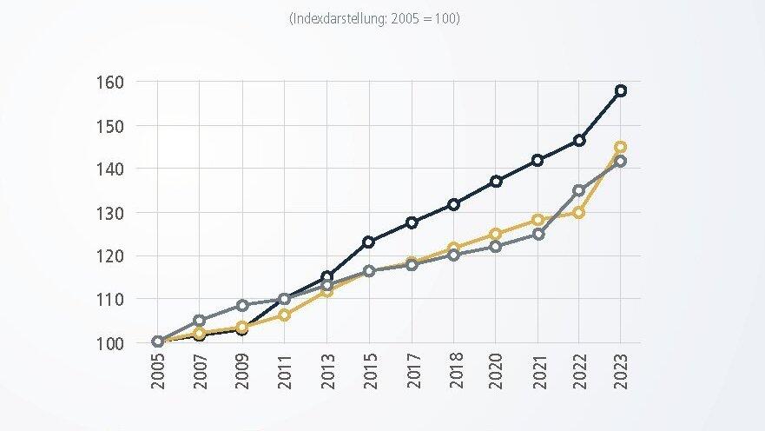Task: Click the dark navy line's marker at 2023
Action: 620,90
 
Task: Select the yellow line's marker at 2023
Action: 620,147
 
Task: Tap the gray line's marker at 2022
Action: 578,190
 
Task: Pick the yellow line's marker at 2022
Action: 578,212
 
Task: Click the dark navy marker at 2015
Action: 368,242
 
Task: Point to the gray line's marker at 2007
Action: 200,321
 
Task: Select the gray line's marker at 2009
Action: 242,306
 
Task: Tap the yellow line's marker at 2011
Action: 284,315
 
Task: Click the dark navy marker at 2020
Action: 495,182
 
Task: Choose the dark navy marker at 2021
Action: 537,160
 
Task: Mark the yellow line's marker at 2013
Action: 326,291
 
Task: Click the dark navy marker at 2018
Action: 452,204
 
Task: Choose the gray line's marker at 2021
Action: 537,234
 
